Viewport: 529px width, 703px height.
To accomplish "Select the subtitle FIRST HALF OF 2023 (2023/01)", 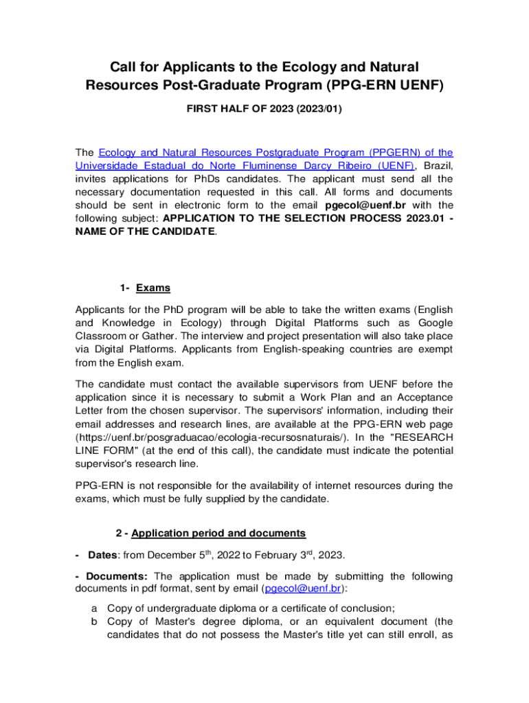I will coord(264,108).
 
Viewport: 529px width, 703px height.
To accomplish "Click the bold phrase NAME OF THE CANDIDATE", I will coord(146,231).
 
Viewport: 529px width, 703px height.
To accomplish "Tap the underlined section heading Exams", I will coord(153,288).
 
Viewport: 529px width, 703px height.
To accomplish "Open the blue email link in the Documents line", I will coord(303,588).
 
